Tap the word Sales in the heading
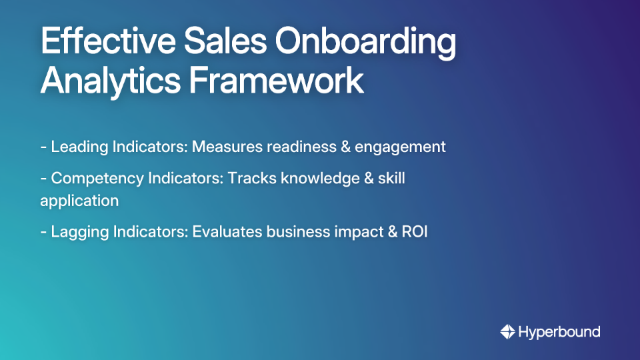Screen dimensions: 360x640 [217, 43]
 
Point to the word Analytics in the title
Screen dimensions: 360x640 [109, 81]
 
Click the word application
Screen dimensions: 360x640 [79, 201]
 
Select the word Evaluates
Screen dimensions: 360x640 [227, 232]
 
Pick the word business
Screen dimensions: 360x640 [297, 232]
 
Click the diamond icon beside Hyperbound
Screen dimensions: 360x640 [507, 331]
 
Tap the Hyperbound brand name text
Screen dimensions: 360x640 [559, 331]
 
